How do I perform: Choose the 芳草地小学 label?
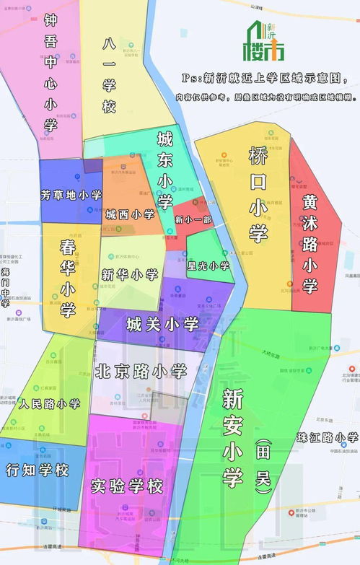tap(71, 195)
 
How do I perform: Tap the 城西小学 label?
tap(130, 214)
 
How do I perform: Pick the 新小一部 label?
tap(193, 219)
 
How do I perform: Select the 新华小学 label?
tap(129, 274)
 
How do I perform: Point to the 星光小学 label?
tap(208, 266)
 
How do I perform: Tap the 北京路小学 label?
tap(141, 371)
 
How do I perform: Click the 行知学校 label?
tap(37, 470)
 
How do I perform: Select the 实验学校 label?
tap(127, 486)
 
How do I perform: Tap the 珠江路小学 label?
tap(327, 437)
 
